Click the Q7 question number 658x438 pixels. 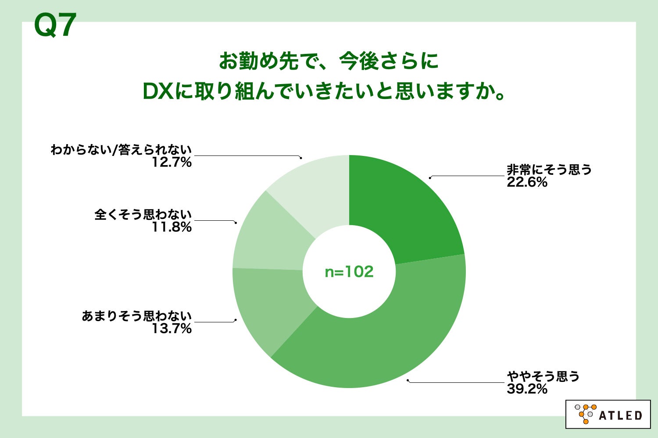pyautogui.click(x=55, y=25)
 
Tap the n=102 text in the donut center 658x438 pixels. pyautogui.click(x=349, y=272)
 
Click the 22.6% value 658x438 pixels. pyautogui.click(x=527, y=182)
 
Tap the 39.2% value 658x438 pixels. pyautogui.click(x=527, y=389)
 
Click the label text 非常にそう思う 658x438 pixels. pyautogui.click(x=549, y=170)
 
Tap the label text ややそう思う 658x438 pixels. pyautogui.click(x=543, y=376)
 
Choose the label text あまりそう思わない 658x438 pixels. pyautogui.click(x=137, y=316)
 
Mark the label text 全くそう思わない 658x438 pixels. pyautogui.click(x=143, y=215)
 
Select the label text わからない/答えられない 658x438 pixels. pyautogui.click(x=121, y=150)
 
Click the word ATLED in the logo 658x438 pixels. pyautogui.click(x=620, y=415)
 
